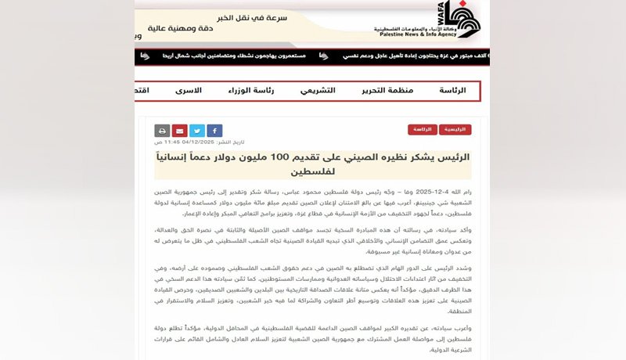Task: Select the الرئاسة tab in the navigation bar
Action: [452, 91]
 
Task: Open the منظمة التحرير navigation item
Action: [387, 91]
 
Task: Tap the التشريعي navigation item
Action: [318, 91]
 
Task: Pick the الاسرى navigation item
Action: [188, 91]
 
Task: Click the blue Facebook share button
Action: [214, 131]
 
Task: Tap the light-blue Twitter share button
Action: [196, 131]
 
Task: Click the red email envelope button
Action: [179, 131]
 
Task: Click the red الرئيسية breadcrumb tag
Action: [455, 130]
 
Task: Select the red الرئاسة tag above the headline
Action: [423, 130]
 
